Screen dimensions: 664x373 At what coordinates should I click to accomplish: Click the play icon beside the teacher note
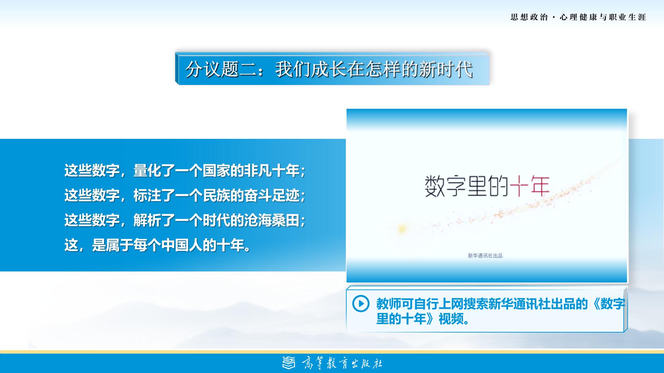[x=361, y=304]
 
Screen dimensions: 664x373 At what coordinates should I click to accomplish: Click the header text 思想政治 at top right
[x=529, y=17]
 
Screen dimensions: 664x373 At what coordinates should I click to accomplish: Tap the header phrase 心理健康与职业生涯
[x=603, y=17]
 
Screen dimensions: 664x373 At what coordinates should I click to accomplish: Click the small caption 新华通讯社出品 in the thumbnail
[x=485, y=256]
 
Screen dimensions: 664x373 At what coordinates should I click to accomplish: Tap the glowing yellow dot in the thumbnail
[x=402, y=229]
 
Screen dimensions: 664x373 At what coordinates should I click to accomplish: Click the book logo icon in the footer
[x=289, y=363]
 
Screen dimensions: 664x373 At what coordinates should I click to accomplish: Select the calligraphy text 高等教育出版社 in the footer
[x=342, y=363]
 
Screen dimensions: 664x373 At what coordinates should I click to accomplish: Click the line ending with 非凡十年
[x=185, y=171]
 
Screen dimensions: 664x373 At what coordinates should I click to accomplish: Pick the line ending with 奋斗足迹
[x=185, y=195]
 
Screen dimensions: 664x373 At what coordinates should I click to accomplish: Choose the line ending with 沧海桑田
[x=185, y=220]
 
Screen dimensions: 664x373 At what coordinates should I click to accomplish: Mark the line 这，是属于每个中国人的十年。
[x=158, y=245]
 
